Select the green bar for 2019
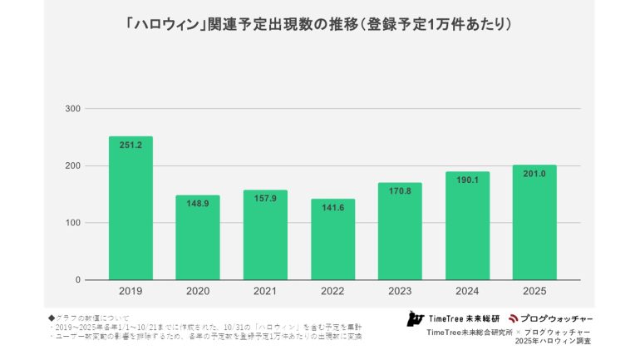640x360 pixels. click(130, 208)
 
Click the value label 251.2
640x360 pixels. click(130, 145)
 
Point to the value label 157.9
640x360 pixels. click(265, 198)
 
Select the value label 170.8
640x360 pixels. click(400, 190)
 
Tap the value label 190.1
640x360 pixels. click(467, 180)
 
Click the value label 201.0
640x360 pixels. click(534, 173)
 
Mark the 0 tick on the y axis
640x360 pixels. click(77, 280)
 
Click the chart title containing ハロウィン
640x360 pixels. click(319, 25)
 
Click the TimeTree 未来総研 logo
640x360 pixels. click(452, 318)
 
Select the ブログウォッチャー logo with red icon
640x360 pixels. click(550, 318)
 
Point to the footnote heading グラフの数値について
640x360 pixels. click(91, 317)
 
